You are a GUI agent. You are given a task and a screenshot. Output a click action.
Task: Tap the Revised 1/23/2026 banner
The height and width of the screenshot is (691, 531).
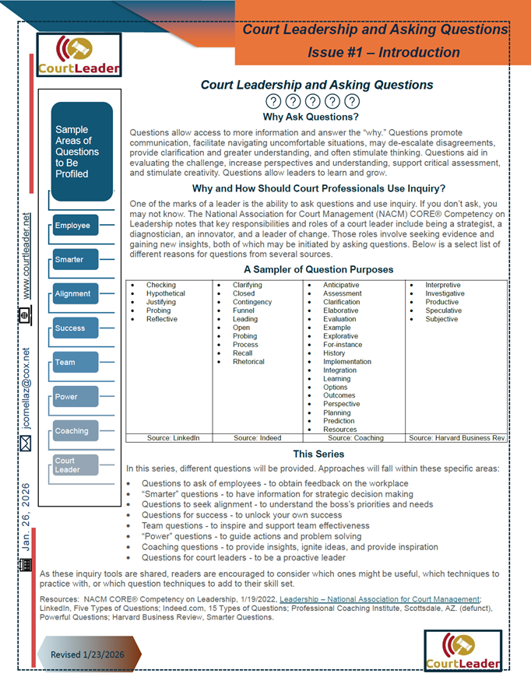pos(88,654)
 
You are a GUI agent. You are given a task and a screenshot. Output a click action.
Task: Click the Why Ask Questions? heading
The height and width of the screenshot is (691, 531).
pos(311,118)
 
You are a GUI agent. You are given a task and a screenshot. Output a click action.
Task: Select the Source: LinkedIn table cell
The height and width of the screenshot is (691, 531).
pos(173,438)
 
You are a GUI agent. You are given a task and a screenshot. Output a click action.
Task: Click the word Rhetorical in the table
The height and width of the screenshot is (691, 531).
pos(248,362)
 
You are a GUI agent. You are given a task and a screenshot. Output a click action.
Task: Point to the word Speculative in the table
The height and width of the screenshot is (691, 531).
pos(443,310)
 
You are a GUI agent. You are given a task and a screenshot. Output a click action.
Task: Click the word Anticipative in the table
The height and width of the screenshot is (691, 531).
pos(342,286)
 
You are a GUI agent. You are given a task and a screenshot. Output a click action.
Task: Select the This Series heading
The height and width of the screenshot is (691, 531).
pos(315,454)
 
